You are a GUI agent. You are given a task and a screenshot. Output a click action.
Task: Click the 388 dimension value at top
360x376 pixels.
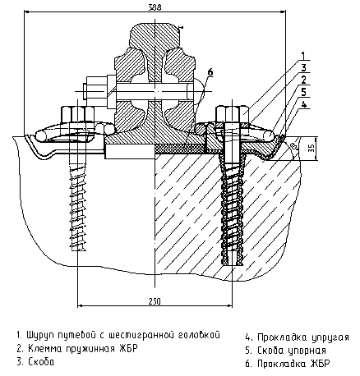(155, 7)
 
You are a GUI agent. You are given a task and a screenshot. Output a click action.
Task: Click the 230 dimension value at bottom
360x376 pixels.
(155, 301)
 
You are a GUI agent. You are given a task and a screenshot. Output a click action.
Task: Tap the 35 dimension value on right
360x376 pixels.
(311, 148)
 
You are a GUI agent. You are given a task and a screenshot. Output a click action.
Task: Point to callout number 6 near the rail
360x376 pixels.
(210, 72)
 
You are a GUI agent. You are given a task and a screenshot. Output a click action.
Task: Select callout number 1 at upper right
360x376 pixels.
(303, 56)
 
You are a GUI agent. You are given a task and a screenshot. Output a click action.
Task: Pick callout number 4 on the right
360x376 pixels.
(303, 104)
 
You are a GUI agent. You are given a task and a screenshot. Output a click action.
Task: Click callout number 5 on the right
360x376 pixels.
(303, 92)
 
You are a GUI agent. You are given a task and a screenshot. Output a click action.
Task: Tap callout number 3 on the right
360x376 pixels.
(303, 68)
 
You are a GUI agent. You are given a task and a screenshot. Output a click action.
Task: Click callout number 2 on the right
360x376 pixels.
(303, 80)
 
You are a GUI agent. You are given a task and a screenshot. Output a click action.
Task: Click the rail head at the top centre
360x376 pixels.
(155, 35)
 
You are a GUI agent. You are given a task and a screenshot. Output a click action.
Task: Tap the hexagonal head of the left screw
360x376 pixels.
(77, 114)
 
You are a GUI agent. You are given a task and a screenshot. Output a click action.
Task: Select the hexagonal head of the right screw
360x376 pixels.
(233, 114)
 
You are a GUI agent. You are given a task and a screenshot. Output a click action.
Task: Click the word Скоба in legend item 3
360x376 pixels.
(41, 362)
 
